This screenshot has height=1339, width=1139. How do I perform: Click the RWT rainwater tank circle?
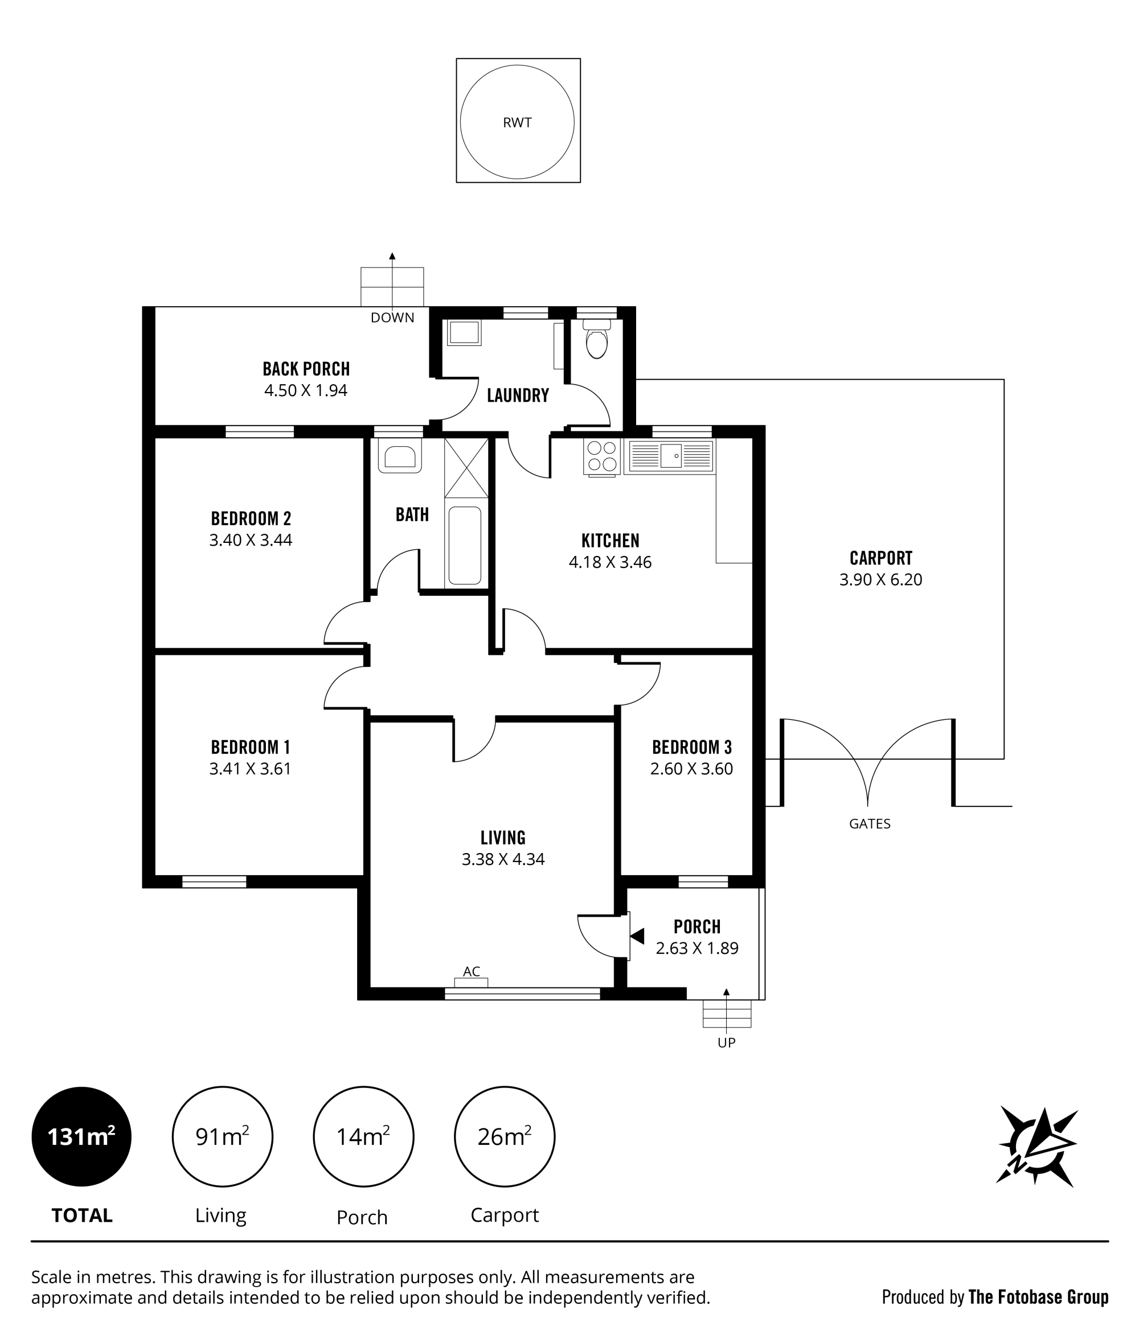point(460,122)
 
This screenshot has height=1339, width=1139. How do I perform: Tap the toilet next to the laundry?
point(597,338)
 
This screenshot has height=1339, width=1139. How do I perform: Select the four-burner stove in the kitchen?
point(602,457)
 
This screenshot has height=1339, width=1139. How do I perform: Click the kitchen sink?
point(671,456)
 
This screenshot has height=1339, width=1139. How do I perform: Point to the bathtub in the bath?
point(464,545)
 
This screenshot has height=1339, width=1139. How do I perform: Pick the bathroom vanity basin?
point(400,456)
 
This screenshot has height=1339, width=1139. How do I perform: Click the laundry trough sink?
point(464,332)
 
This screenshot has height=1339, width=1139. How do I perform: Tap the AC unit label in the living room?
point(472,972)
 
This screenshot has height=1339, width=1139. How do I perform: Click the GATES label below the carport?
point(870,824)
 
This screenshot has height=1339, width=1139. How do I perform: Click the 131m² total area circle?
point(81,1136)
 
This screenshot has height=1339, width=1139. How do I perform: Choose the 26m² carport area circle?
point(504,1136)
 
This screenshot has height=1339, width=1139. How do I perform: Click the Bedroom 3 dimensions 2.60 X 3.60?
point(691,769)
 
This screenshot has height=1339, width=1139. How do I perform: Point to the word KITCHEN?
point(610,541)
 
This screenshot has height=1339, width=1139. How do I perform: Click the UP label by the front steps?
point(727,1043)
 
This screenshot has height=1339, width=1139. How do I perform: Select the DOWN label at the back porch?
point(392,318)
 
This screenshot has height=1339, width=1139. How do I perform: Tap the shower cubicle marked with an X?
point(466,468)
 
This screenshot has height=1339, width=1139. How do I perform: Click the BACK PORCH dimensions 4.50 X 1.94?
point(306,390)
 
